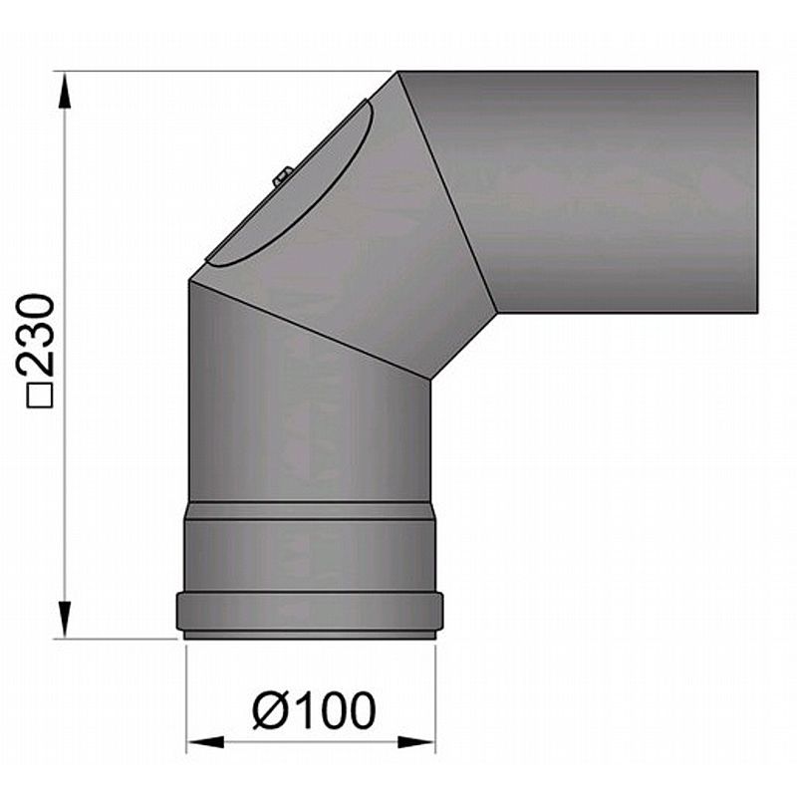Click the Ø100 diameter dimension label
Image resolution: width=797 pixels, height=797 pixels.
pos(314,710)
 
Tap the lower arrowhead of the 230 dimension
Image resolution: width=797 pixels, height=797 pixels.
pos(66,621)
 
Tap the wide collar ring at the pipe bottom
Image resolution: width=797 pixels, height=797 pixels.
pos(309,611)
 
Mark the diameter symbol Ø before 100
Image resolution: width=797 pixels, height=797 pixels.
pos(269,710)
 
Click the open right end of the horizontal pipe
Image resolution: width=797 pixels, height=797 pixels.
pos(754,189)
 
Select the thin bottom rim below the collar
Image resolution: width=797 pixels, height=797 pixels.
pos(309,635)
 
